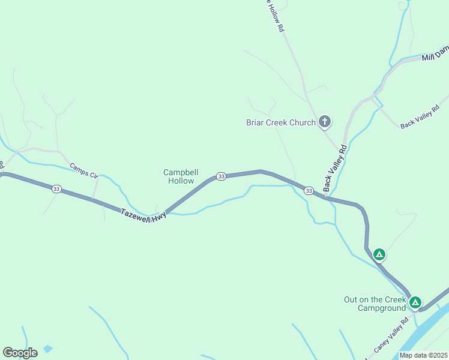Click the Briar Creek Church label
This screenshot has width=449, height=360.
coord(281,123)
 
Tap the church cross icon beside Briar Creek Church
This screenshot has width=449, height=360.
coord(325,122)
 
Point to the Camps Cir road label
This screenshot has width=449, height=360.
coord(83,170)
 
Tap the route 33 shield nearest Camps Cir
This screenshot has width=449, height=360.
coord(56,189)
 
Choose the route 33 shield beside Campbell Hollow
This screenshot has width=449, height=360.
coord(221,176)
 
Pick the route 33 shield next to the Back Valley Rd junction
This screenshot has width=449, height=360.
coord(309,191)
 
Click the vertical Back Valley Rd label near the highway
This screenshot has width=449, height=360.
coord(335,168)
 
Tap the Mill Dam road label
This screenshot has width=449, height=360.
coord(435,57)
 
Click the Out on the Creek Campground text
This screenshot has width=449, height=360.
coord(375,304)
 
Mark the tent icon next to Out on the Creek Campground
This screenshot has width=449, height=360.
coord(415,302)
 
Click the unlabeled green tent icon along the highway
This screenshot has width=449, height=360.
coord(379,254)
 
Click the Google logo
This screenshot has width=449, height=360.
coord(20,353)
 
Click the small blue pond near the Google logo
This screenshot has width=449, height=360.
coord(48,348)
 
